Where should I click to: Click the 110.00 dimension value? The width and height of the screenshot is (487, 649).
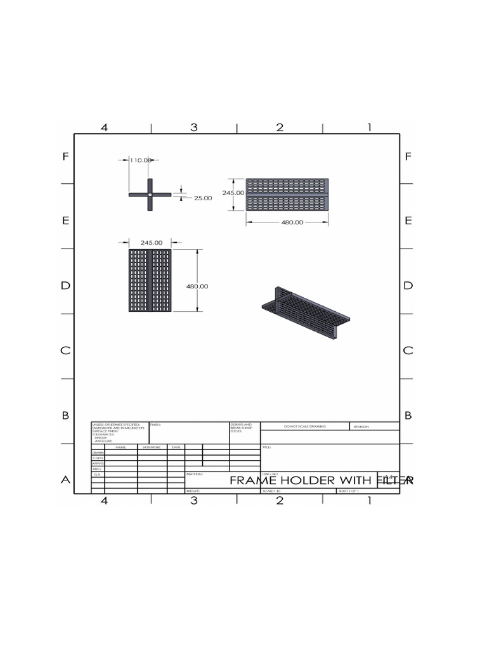click(140, 160)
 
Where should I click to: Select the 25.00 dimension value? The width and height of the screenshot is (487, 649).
click(203, 198)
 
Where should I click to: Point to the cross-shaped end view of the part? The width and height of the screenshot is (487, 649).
click(150, 195)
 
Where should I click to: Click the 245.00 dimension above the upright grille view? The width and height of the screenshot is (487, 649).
click(152, 242)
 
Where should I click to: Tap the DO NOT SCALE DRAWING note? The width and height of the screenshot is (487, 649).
click(305, 427)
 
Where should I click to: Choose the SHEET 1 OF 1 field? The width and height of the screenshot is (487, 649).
click(349, 491)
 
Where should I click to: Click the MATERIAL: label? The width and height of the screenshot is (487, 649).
click(195, 473)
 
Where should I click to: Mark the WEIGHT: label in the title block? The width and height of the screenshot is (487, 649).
click(193, 491)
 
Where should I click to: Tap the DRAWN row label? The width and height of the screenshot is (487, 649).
click(98, 453)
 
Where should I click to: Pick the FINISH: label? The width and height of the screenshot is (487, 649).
click(157, 425)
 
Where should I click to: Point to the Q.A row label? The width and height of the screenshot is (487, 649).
click(98, 474)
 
